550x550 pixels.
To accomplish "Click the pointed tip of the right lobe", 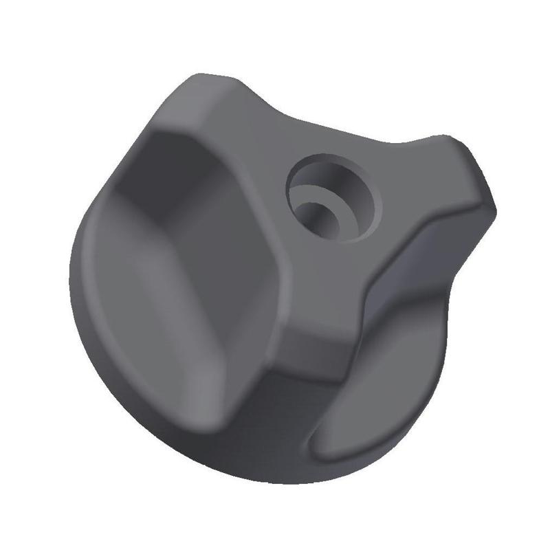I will click(x=491, y=199).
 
